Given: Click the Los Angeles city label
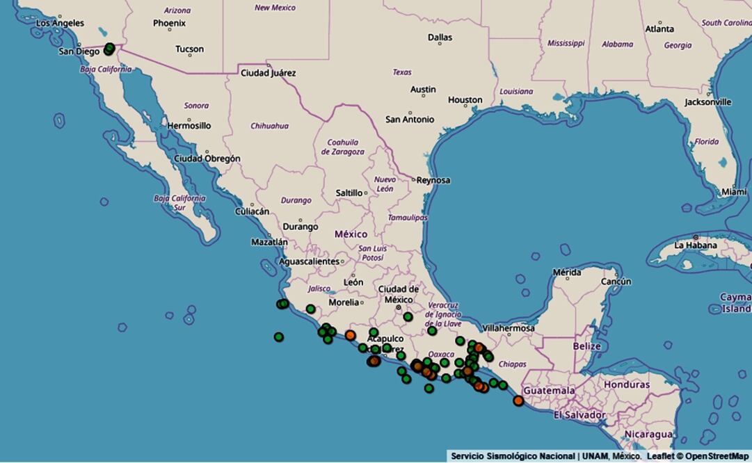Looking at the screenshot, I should [x=60, y=23].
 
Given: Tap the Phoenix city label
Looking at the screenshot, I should [x=169, y=23].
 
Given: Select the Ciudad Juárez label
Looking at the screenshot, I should [x=268, y=72].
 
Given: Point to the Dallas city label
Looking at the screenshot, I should [x=440, y=38].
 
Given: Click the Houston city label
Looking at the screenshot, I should [x=465, y=100].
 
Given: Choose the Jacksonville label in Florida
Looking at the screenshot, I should [x=707, y=102].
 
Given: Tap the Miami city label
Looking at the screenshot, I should [x=734, y=191].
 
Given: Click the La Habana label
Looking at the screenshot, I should [x=696, y=245].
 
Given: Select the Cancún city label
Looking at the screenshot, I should [x=616, y=282].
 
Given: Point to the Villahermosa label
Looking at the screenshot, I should [x=509, y=328].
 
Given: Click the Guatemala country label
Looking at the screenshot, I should [x=549, y=391].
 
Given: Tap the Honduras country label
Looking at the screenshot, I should [x=626, y=384].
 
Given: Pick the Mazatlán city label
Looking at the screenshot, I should [x=269, y=242].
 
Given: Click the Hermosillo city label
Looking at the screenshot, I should [x=189, y=126].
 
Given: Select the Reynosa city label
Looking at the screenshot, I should [x=433, y=180].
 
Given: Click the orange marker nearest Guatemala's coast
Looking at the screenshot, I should [x=518, y=400].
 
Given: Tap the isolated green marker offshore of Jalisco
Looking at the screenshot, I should [x=279, y=337].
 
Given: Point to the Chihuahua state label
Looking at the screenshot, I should [x=269, y=126].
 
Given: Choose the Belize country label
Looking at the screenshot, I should [x=586, y=346].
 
